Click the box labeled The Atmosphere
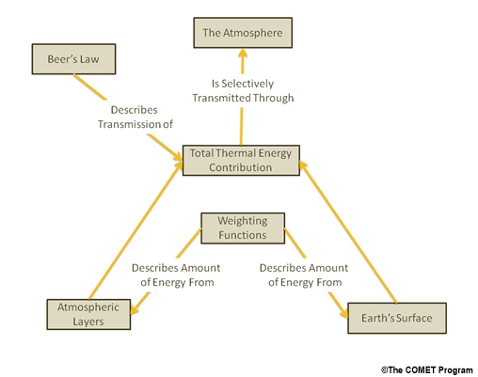click(243, 33)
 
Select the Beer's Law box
click(73, 59)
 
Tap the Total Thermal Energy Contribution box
click(241, 160)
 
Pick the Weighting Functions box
click(243, 228)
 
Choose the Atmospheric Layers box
click(88, 314)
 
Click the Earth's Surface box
click(397, 318)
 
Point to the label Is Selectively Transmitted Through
click(243, 91)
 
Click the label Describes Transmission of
click(135, 118)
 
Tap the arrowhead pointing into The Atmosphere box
click(243, 53)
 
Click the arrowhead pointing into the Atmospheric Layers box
click(135, 308)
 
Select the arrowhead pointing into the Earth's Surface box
click(344, 313)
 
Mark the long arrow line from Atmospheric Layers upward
click(135, 229)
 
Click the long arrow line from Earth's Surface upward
click(348, 232)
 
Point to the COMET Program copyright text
click(427, 370)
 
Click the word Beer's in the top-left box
click(60, 59)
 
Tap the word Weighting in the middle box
click(243, 221)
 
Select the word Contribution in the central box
click(241, 167)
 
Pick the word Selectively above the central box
click(247, 84)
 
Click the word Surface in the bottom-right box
click(414, 318)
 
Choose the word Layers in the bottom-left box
click(88, 322)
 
